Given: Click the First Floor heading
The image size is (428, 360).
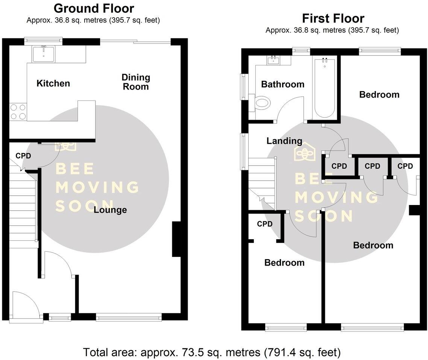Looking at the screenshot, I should (x=333, y=18).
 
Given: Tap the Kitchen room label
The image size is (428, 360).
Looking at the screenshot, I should (x=53, y=83).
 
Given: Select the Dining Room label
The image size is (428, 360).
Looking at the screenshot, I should (x=135, y=82).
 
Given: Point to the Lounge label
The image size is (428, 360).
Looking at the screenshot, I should (x=110, y=210).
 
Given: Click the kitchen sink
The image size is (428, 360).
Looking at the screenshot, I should (x=44, y=54).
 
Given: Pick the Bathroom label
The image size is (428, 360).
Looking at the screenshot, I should (x=282, y=84).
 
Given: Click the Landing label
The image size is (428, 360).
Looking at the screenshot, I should (x=284, y=141).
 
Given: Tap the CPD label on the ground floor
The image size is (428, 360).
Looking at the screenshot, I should (x=23, y=156).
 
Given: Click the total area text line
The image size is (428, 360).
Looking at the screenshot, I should (x=212, y=352).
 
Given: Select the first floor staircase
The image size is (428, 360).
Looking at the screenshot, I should (x=262, y=182).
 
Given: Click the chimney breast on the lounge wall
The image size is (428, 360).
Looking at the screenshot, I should (x=176, y=239).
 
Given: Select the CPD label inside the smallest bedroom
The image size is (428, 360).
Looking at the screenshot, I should (x=264, y=224).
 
